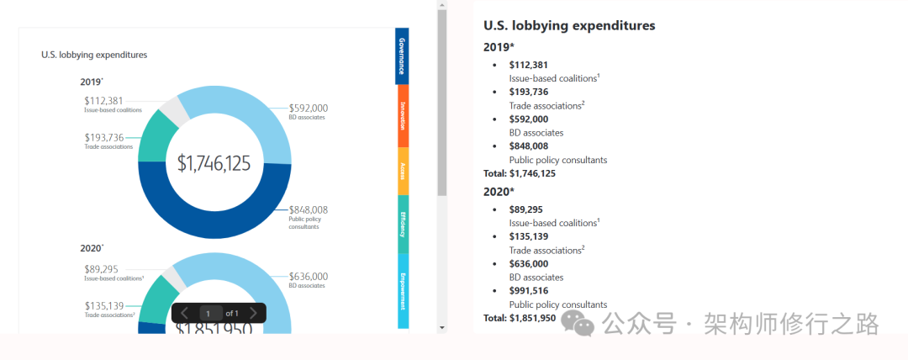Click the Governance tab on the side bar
pos(402,56)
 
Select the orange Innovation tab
pos(402,116)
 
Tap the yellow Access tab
pos(402,172)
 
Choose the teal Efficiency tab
pos(402,224)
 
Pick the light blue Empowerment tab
pos(402,290)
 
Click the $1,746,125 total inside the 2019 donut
pos(214,163)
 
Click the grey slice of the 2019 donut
pos(174,109)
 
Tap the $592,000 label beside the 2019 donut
pos(309,108)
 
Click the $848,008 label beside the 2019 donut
pos(309,210)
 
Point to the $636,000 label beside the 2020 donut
pos(309,276)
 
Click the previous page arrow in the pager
pos(185,314)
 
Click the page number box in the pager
pos(209,314)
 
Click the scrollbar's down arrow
pos(442,327)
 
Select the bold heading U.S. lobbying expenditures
pos(569,25)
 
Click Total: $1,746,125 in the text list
pos(519,173)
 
